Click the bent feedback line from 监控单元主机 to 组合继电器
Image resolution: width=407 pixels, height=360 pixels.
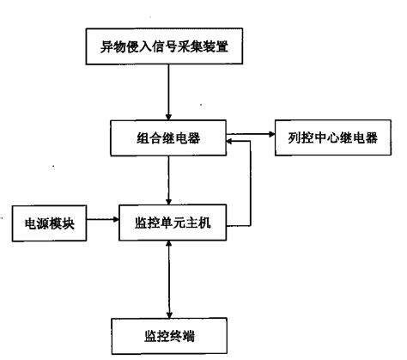(x=250, y=185)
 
